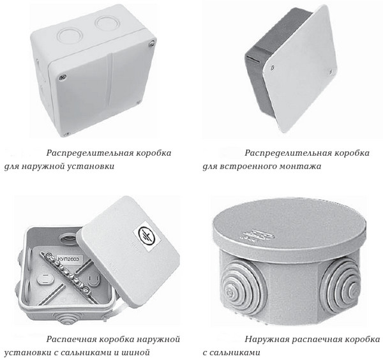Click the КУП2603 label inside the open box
69,259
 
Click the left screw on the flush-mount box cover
273,66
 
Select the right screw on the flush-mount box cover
330,71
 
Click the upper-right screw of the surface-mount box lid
152,43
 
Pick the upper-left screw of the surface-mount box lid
61,77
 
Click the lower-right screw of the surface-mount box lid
139,102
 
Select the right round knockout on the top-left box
107,24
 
